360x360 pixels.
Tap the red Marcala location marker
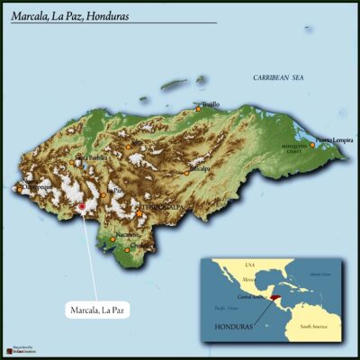(81, 207)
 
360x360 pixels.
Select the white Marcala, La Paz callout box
(98, 310)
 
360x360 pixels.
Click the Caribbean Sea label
(278, 78)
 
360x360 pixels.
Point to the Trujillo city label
(209, 104)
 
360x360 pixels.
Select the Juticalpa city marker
(187, 171)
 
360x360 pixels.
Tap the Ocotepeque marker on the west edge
(20, 189)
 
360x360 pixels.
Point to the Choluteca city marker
(135, 245)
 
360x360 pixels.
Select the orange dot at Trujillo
(199, 109)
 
